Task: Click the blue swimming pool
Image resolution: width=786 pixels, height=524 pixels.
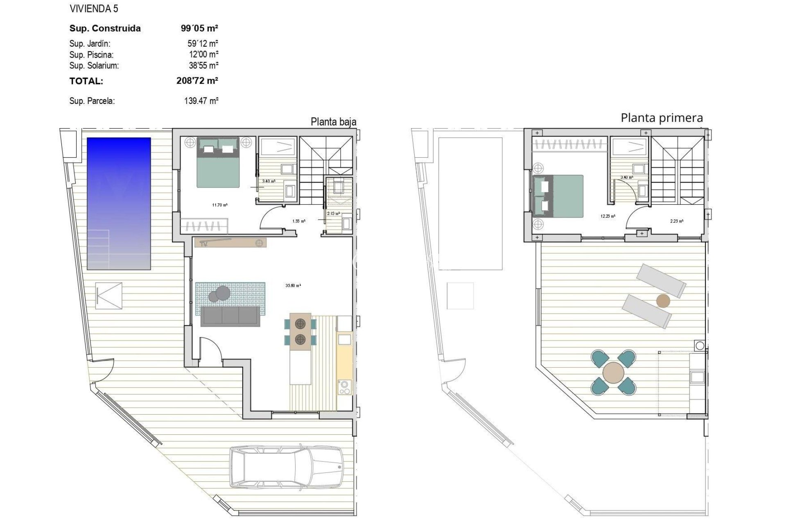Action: [119, 203]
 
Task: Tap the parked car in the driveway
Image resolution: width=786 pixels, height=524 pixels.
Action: [286, 467]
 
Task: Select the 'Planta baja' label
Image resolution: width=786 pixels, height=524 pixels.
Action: [333, 122]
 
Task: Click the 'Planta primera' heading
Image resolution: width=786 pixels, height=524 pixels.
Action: [662, 118]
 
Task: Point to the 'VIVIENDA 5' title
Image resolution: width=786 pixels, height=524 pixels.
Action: [94, 9]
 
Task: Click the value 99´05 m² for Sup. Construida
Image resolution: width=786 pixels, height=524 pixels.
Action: [199, 28]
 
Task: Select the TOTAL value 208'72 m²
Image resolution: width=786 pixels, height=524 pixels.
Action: [197, 81]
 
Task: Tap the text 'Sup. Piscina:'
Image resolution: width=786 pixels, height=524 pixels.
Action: [91, 54]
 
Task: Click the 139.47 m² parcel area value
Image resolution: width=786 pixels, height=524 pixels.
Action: [201, 101]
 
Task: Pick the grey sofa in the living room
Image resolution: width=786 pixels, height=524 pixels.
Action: [230, 316]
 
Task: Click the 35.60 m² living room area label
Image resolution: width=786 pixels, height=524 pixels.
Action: [293, 286]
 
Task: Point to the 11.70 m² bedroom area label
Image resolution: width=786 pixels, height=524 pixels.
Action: [220, 205]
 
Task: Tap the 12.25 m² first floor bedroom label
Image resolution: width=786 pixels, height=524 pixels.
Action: [608, 216]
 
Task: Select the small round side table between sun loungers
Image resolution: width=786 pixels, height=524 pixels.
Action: [663, 301]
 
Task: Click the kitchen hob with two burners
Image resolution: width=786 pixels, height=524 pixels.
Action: [344, 387]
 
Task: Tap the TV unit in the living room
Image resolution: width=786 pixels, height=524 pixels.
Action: [230, 243]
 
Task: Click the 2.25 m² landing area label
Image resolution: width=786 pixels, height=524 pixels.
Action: [677, 221]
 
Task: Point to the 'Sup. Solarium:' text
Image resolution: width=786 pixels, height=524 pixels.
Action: [94, 65]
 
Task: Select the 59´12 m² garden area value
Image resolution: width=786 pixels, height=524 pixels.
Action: [203, 43]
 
